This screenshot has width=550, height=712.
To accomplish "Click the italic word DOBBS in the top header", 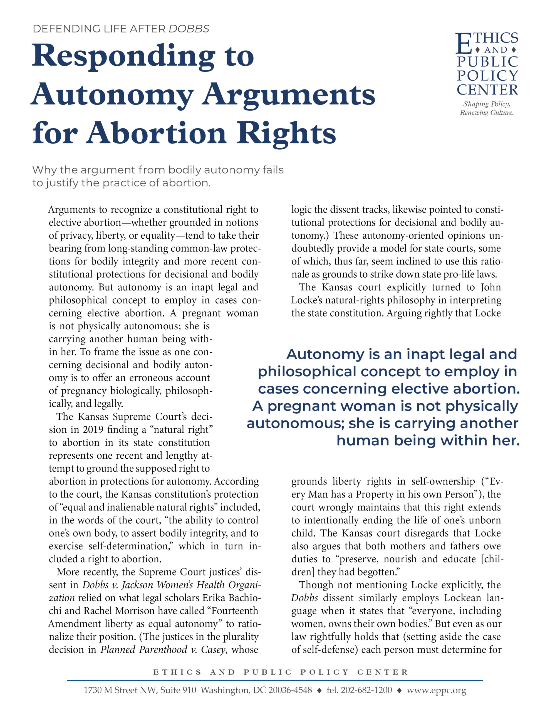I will click(x=189, y=29).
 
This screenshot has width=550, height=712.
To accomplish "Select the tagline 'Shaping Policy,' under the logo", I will click(x=487, y=104).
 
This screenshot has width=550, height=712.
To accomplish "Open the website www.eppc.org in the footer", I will click(x=437, y=690).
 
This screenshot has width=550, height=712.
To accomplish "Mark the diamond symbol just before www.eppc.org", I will click(x=399, y=690).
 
